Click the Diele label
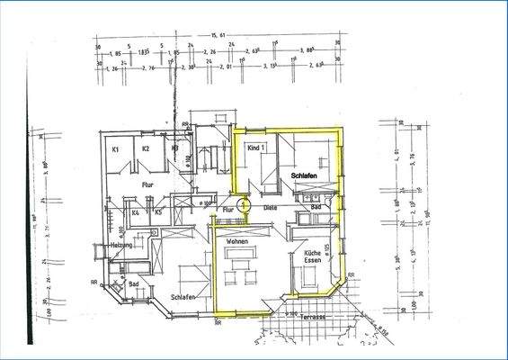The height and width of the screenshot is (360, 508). click(x=269, y=208)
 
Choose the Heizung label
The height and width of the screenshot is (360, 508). click(x=122, y=245)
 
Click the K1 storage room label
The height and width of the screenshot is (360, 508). click(x=116, y=149)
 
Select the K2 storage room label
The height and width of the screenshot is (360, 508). click(x=145, y=149)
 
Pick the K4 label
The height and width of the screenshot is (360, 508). click(x=135, y=213)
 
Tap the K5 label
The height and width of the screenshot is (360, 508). click(x=157, y=213)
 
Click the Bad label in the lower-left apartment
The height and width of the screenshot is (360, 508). click(x=134, y=283)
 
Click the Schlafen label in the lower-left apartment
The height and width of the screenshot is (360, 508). click(x=183, y=296)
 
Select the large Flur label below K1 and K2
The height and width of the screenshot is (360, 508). click(x=147, y=184)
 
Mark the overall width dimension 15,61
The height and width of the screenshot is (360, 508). click(x=216, y=37)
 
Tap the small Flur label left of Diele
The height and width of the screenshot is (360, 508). click(x=228, y=208)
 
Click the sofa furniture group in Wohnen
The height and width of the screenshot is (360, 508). click(x=239, y=264)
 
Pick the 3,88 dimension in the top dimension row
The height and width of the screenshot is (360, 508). click(x=307, y=50)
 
